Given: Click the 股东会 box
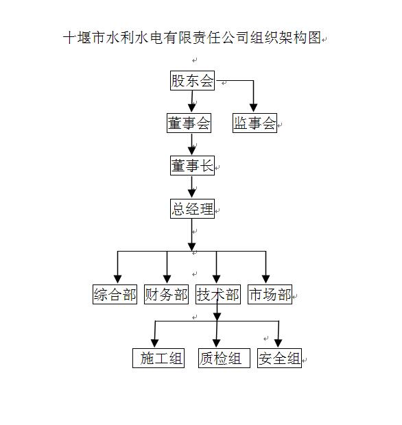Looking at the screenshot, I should pyautogui.click(x=192, y=81).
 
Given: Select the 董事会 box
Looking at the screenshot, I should pyautogui.click(x=189, y=123).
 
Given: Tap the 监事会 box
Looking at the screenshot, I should pyautogui.click(x=255, y=123).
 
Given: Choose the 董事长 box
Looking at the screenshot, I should pyautogui.click(x=192, y=165).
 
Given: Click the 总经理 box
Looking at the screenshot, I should pyautogui.click(x=192, y=209).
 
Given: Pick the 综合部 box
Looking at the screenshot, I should pyautogui.click(x=115, y=295).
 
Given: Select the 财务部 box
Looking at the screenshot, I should pyautogui.click(x=166, y=295).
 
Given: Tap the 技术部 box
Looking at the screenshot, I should pyautogui.click(x=217, y=295).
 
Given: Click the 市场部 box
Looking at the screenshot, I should pyautogui.click(x=269, y=295).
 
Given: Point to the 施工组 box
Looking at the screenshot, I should pyautogui.click(x=159, y=358).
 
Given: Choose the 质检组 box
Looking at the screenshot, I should pyautogui.click(x=221, y=358).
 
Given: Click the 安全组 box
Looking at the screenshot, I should pyautogui.click(x=279, y=358).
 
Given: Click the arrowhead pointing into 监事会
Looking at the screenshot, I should pyautogui.click(x=254, y=107).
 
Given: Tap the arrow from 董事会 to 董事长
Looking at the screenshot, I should pyautogui.click(x=192, y=144).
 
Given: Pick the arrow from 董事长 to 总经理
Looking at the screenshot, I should pyautogui.click(x=192, y=187).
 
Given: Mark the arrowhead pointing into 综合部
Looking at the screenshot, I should pyautogui.click(x=117, y=278).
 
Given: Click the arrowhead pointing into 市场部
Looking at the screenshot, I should pyautogui.click(x=266, y=278).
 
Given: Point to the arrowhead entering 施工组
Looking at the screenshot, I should pyautogui.click(x=154, y=342).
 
